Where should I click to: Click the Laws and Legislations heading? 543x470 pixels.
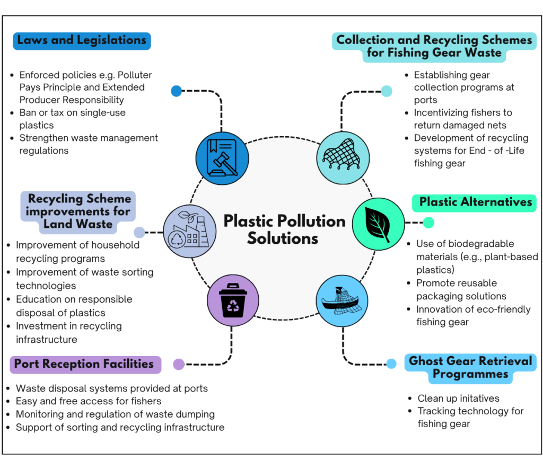(82, 41)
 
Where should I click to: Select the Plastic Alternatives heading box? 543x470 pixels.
(474, 203)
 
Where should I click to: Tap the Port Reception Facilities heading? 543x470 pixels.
(85, 365)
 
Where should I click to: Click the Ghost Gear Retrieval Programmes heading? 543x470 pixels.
(470, 368)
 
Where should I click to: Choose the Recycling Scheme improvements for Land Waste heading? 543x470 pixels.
(78, 212)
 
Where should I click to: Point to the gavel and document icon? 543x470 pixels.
(222, 158)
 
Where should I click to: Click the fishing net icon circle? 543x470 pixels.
(343, 158)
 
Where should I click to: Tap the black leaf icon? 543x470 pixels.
(378, 224)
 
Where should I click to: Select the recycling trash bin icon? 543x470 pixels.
(233, 300)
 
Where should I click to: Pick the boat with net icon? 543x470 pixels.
(342, 301)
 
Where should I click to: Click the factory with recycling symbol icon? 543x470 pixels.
(189, 231)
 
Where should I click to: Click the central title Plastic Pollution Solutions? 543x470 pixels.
(284, 230)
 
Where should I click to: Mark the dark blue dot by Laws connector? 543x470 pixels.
(176, 91)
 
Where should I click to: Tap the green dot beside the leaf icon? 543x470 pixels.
(428, 223)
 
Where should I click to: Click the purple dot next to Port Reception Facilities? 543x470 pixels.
(179, 364)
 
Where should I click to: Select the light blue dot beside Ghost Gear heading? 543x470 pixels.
(391, 363)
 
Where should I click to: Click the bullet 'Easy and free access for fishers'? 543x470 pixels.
(84, 401)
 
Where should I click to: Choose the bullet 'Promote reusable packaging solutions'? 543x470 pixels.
(457, 290)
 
